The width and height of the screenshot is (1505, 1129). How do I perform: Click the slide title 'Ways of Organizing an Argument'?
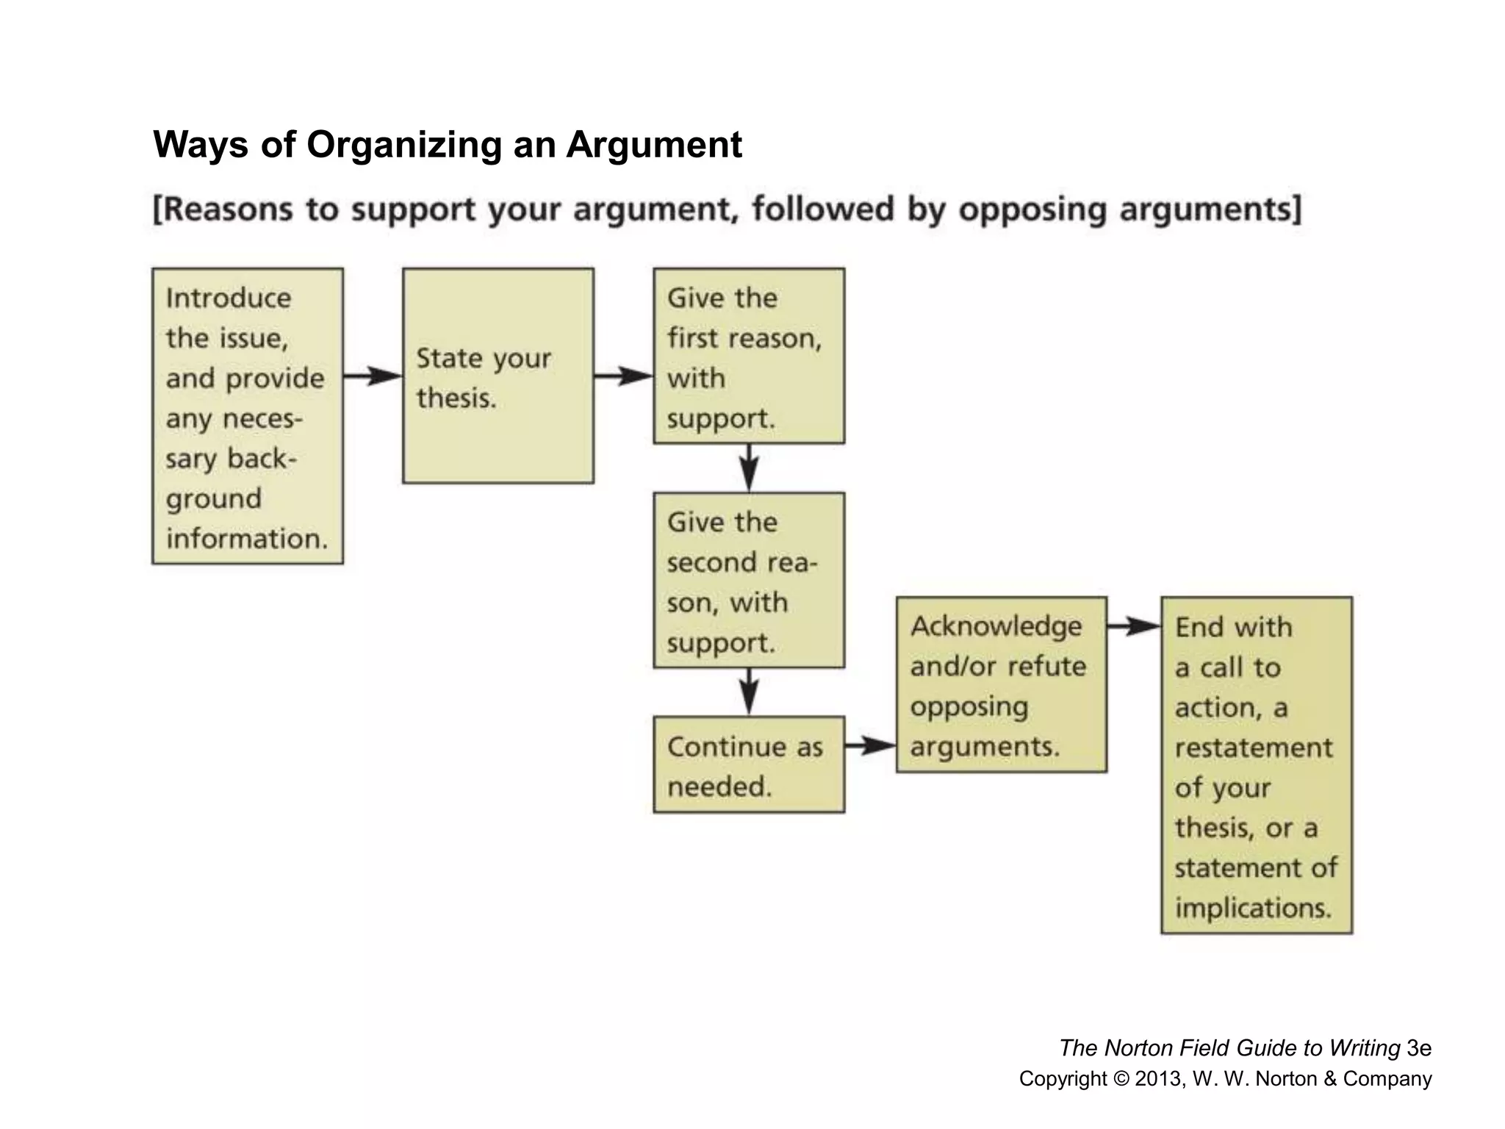[447, 144]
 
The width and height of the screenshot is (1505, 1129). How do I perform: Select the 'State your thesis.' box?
[498, 376]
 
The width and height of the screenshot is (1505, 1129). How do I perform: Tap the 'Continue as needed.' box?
[748, 764]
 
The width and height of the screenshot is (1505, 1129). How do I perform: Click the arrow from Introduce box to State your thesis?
[372, 376]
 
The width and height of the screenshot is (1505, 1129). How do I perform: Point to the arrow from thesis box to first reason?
[623, 376]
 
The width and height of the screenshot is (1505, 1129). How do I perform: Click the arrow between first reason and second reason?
[748, 467]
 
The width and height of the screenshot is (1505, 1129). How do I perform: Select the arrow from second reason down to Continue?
[748, 692]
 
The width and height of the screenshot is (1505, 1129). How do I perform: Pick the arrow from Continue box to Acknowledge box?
[870, 746]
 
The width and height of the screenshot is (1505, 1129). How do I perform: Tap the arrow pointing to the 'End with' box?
[1133, 627]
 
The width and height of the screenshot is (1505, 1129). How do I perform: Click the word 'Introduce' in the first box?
[228, 298]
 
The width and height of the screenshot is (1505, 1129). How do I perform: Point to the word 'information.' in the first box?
[246, 539]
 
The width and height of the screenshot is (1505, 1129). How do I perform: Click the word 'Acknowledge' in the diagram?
[996, 626]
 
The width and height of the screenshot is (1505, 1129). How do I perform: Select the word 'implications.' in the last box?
[1253, 908]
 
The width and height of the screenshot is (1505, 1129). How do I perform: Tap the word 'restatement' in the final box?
[1253, 748]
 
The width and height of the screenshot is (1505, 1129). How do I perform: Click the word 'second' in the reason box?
[711, 562]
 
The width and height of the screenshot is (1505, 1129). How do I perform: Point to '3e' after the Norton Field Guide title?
[1419, 1048]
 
